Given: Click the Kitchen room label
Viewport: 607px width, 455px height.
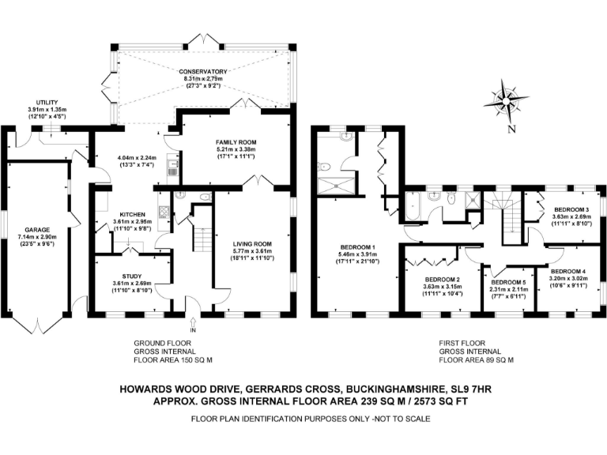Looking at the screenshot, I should click(132, 214).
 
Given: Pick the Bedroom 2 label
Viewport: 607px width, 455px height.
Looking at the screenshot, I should click(442, 280).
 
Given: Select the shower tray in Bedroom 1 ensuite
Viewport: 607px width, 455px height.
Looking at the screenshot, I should click(336, 187).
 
